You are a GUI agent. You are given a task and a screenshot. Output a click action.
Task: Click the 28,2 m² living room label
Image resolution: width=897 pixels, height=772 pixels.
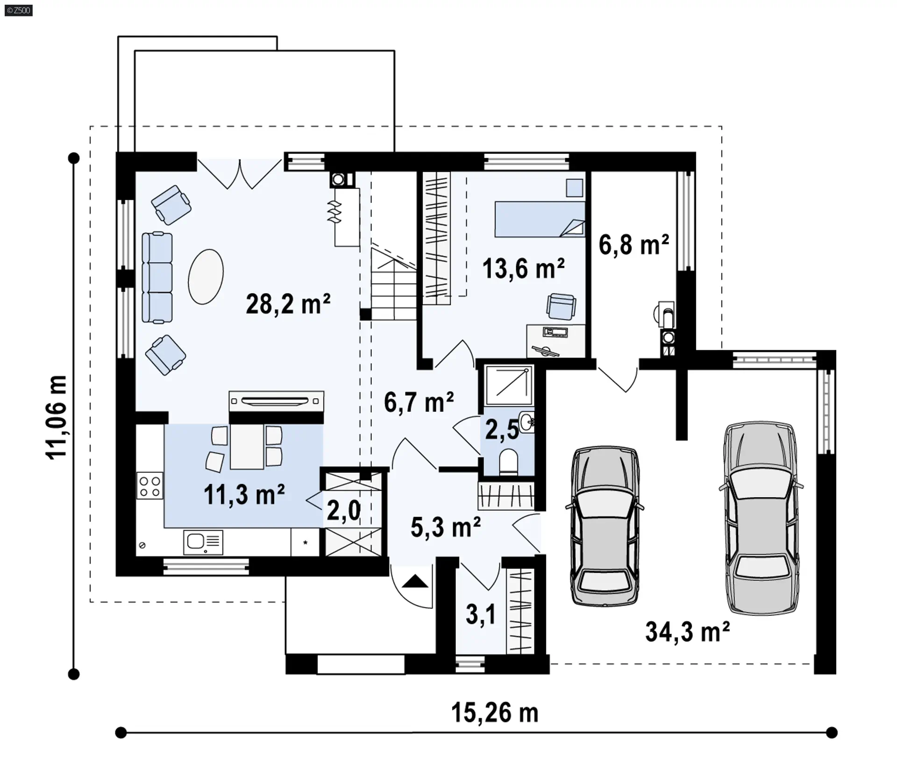[x=288, y=304]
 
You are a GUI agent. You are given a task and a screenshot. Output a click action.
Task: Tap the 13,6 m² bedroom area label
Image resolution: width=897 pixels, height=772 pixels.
[x=523, y=269]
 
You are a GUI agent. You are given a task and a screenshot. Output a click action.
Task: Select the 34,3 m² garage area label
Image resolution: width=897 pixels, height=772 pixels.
[x=687, y=632]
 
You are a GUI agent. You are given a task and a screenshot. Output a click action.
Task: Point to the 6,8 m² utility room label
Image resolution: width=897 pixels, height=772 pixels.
[x=634, y=245]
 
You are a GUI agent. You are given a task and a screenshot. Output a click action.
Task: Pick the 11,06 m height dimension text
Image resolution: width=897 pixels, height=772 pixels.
[x=57, y=417]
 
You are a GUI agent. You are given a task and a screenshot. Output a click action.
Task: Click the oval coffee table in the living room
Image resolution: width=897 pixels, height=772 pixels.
[x=206, y=276]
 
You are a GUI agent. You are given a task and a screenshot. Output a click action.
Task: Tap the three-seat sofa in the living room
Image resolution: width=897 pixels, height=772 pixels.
[x=157, y=278]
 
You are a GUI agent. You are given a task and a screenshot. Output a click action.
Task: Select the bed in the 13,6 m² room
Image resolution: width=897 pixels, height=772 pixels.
[x=540, y=219]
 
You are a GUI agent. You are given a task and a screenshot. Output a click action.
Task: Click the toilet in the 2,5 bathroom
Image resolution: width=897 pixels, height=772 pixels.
[x=509, y=462]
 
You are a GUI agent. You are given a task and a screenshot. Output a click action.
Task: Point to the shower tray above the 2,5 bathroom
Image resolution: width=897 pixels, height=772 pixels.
[x=509, y=386]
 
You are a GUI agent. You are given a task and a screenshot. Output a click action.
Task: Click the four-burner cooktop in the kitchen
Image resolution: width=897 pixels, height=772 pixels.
[x=150, y=486]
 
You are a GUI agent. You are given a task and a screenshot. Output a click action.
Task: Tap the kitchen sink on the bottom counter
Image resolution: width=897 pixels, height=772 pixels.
[x=203, y=542]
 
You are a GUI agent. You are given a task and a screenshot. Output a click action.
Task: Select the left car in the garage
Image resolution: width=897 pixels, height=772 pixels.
[x=605, y=527]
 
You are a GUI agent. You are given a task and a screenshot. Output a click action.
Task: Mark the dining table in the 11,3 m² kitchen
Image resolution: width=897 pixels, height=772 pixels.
[x=247, y=447]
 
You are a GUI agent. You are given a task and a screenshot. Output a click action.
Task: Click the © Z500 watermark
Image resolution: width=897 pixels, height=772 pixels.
[x=19, y=10]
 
